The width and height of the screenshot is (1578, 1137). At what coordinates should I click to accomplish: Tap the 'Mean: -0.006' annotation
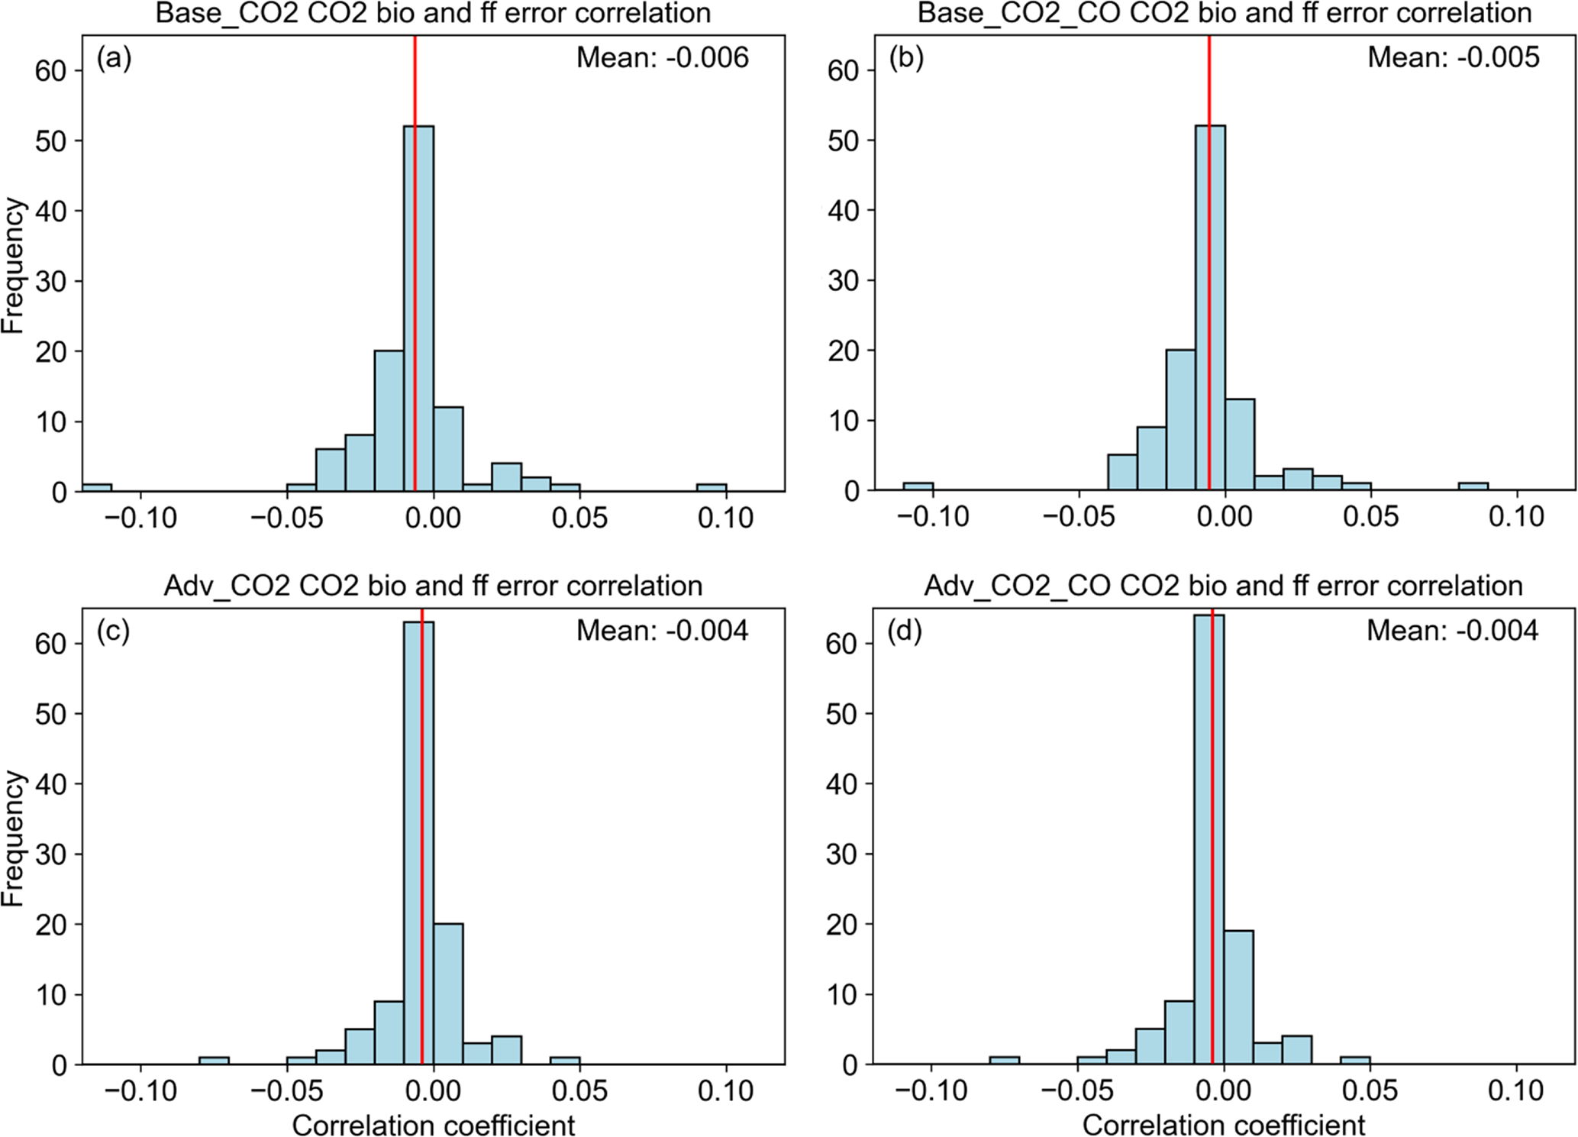[x=662, y=58]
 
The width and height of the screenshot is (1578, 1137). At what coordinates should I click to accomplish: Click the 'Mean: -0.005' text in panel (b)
[x=1453, y=58]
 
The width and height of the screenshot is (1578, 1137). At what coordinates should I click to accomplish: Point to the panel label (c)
[x=113, y=631]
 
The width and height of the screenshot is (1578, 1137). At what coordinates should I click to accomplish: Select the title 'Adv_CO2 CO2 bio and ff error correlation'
[x=433, y=586]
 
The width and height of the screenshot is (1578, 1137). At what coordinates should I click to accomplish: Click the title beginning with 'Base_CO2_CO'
[x=1224, y=13]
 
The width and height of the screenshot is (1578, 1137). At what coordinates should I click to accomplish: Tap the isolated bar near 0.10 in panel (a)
[x=712, y=487]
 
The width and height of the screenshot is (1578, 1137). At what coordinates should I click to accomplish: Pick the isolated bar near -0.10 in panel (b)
[x=918, y=487]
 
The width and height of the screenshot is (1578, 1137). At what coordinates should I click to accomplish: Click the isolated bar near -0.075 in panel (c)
[x=214, y=1061]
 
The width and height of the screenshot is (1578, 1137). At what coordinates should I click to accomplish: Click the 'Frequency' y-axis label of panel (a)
[x=13, y=266]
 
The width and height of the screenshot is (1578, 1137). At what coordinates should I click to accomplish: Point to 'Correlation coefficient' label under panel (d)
[x=1224, y=1124]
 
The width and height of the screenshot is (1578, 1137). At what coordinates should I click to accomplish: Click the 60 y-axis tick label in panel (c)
[x=51, y=644]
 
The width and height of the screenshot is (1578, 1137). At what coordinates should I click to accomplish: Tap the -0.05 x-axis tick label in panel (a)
[x=286, y=518]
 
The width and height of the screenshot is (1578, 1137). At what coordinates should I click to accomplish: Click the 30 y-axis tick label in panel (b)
[x=843, y=281]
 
